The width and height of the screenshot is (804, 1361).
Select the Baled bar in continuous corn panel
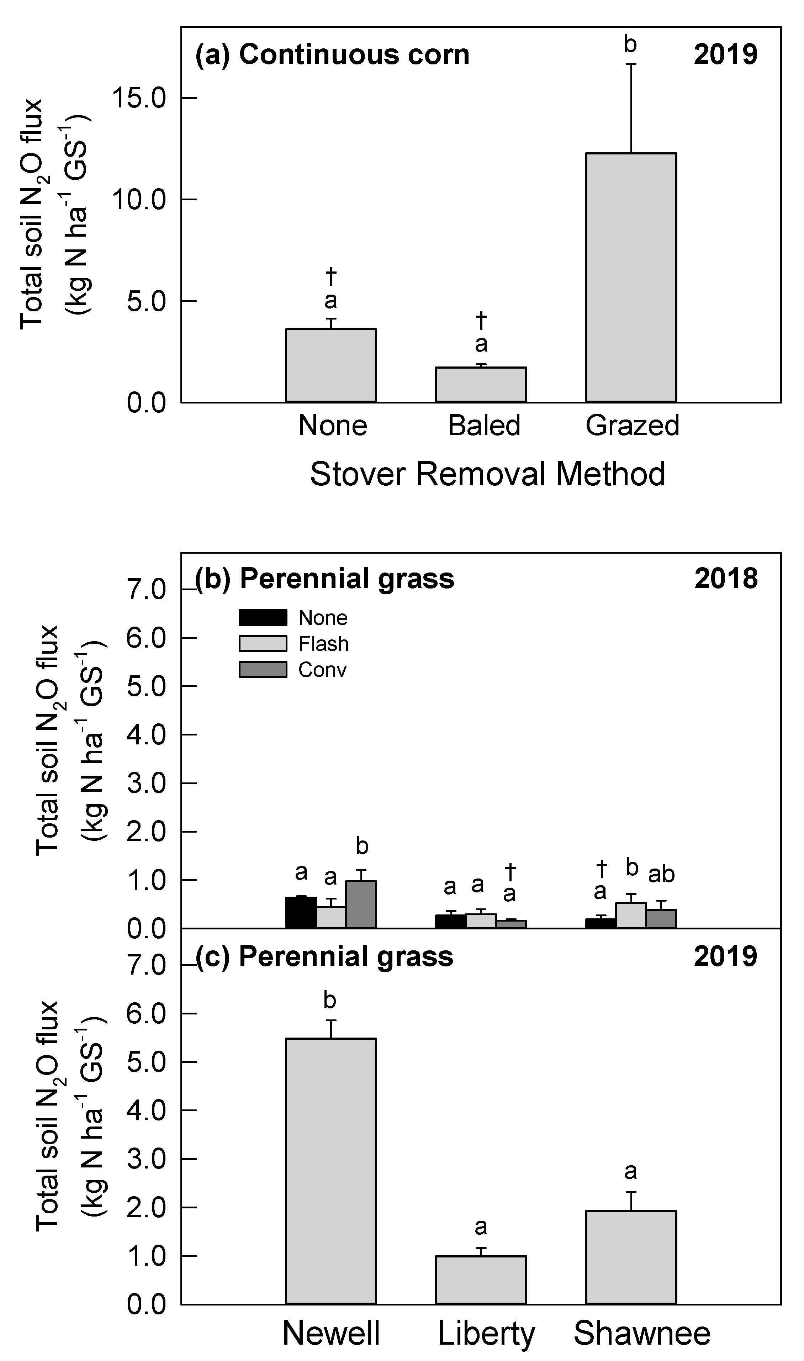pos(481,385)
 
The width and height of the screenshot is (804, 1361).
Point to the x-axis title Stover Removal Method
pos(488,474)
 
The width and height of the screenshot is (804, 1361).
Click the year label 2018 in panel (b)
pos(726,579)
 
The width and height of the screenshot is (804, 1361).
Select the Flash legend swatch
pos(263,644)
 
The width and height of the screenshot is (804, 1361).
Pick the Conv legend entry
pos(322,670)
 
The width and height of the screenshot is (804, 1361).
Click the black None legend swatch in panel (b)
pos(263,618)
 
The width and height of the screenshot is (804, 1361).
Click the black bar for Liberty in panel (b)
pos(451,921)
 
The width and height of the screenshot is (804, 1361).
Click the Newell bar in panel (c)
pos(331,1170)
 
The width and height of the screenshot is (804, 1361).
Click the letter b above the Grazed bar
pos(630,44)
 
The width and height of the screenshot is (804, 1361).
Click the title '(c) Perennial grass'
pos(324,956)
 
